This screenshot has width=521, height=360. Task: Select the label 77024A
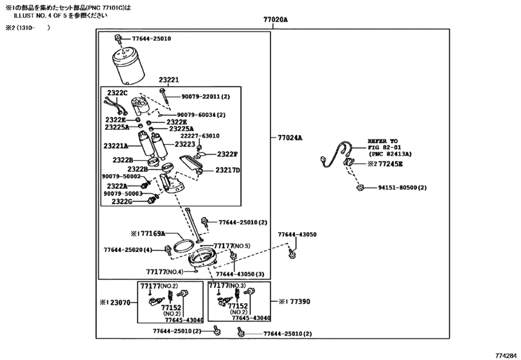[x=290, y=138]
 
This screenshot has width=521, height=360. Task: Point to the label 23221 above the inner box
[x=169, y=80]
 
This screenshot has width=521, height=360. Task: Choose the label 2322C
[x=118, y=93]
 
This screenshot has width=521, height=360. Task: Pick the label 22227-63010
[x=200, y=136]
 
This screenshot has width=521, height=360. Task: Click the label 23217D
[x=227, y=170]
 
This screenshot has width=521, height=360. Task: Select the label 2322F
[x=227, y=154]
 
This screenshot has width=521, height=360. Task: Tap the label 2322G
[x=121, y=201]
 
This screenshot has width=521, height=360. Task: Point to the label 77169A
[x=149, y=233]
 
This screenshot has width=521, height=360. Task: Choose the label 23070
[x=119, y=301]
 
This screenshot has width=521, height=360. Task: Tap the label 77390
[x=297, y=301]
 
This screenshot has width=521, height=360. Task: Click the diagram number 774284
[x=506, y=354]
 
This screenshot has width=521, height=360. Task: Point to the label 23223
[x=182, y=145]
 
